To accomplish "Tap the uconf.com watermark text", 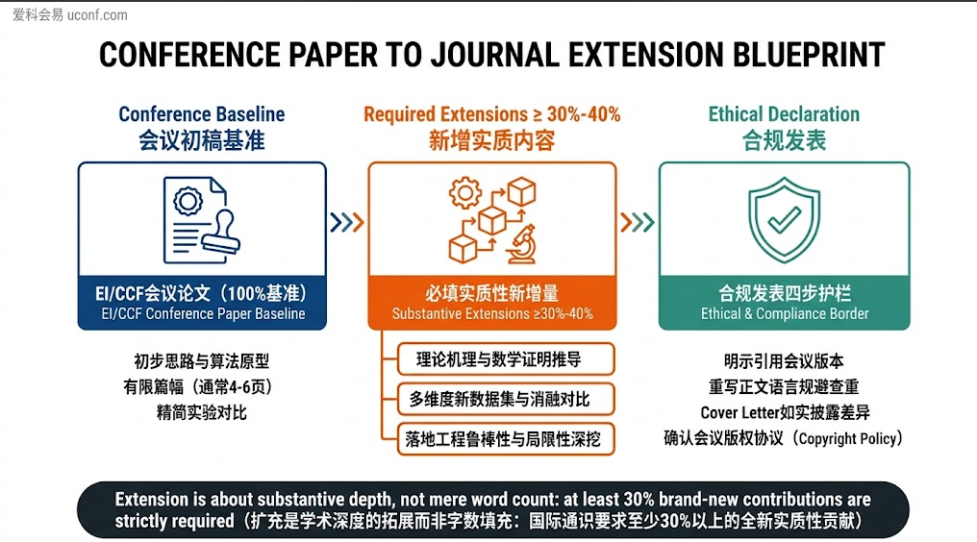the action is click(x=97, y=15).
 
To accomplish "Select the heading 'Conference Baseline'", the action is click(x=202, y=114).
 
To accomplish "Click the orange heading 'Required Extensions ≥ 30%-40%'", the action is click(x=491, y=114).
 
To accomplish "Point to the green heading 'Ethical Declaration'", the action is click(x=784, y=114).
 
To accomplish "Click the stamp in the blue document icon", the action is click(x=221, y=234).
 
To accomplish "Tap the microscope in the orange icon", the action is click(x=521, y=245).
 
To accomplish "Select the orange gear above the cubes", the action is click(x=464, y=193).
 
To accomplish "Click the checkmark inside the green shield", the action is click(x=784, y=219).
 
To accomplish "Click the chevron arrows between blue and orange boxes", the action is click(x=347, y=222).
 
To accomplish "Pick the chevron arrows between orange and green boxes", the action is click(x=638, y=222).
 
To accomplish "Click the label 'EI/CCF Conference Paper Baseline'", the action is click(x=203, y=313).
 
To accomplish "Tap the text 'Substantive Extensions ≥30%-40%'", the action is click(x=492, y=313).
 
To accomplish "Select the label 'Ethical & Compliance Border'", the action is click(x=785, y=313).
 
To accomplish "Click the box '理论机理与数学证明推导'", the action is click(x=506, y=359).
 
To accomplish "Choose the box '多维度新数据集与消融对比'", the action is click(x=506, y=400).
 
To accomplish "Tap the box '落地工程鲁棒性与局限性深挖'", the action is click(x=506, y=439).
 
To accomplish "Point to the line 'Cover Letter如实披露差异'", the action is click(x=785, y=412).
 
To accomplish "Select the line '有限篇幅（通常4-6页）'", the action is click(x=198, y=387).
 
